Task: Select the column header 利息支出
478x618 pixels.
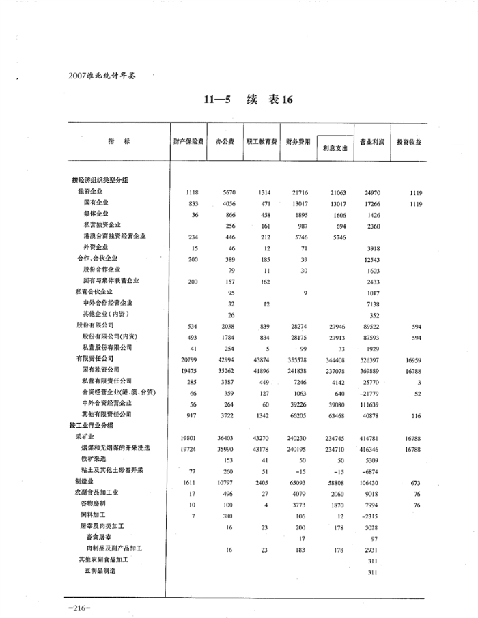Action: [x=334, y=147]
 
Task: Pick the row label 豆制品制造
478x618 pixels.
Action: [x=100, y=570]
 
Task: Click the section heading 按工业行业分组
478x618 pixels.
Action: [x=94, y=426]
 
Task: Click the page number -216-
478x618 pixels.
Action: [x=80, y=606]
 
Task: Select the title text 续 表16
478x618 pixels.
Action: [x=269, y=100]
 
